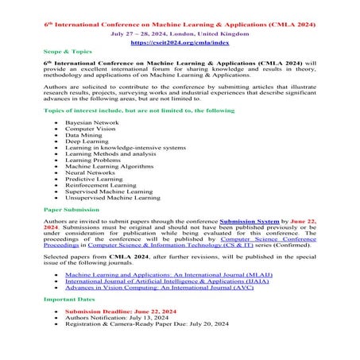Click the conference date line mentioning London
[x=179, y=34]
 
